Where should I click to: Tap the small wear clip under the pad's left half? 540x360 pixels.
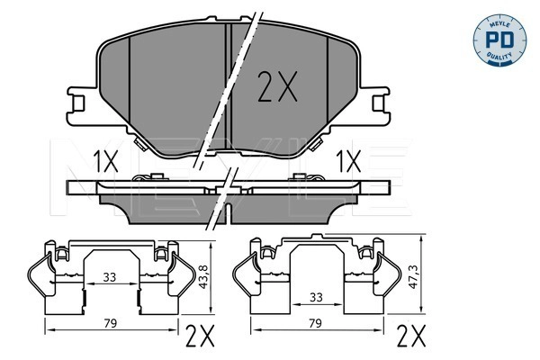pyautogui.click(x=140, y=143)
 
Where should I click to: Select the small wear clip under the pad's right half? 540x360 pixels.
pyautogui.click(x=319, y=143)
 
